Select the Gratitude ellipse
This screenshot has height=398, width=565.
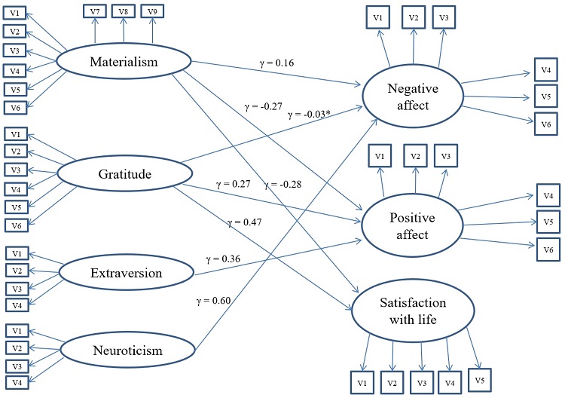pos(124,175)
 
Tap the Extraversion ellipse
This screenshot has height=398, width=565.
pos(122,271)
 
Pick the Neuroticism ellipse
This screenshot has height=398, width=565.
pos(122,351)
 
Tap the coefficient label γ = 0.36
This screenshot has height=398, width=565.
pos(223,259)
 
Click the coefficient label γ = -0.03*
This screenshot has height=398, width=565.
pos(309,114)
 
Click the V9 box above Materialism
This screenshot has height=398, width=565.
pos(152,11)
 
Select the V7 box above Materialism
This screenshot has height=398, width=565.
pos(94,11)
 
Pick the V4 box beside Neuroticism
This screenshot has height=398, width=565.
pos(16,381)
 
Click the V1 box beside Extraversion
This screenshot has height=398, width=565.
pos(16,253)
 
